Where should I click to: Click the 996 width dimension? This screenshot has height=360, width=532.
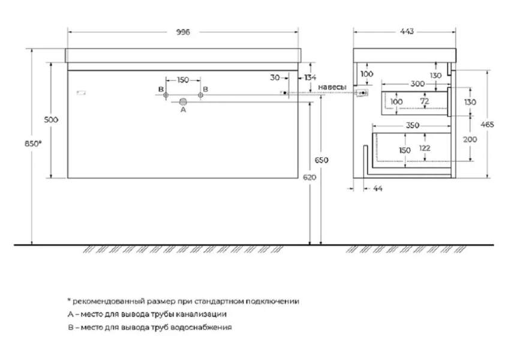pos(183,32)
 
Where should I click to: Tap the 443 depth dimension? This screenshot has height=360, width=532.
pos(407,32)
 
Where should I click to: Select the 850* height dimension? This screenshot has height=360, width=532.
pos(33,143)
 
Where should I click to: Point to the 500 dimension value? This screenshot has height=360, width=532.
pos(51,119)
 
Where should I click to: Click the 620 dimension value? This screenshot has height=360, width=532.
pos(309,177)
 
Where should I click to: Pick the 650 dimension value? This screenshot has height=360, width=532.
pos(321,160)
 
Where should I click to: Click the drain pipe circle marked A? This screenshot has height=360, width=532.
pos(183,101)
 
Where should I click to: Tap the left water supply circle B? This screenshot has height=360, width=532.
pos(166,95)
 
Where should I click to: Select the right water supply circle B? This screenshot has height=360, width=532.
pos(200,95)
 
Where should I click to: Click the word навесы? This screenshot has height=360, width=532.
pos(332,87)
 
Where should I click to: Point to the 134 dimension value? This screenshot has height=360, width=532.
pos(310,77)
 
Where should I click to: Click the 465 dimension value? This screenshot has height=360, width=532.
pos(487,125)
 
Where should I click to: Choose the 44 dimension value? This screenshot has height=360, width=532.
pos(378,188)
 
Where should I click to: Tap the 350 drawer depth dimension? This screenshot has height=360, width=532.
pos(413,125)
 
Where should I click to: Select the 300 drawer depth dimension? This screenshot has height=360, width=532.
pos(417,83)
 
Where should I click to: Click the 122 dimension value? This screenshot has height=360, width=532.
pos(425,148)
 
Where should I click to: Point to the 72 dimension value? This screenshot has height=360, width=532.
pos(425,101)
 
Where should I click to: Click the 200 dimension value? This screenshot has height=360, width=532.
pos(470,139)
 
